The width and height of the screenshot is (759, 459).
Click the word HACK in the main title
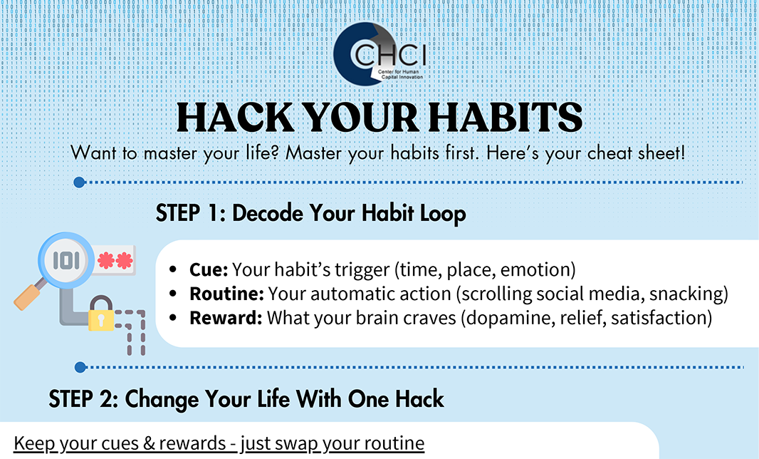tap(235, 118)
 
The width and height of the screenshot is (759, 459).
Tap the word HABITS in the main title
tap(506, 118)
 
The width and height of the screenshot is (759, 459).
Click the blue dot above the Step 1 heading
tap(79, 182)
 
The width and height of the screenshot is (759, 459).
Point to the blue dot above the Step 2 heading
tap(80, 367)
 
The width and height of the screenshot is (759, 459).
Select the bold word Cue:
tap(209, 269)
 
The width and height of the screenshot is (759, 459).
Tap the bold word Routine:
tap(226, 294)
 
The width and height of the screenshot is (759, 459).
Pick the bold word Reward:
tap(226, 318)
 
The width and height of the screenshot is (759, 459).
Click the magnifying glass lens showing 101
tap(66, 260)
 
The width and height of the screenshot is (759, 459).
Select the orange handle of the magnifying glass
tap(27, 297)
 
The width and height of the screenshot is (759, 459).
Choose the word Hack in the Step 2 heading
tap(419, 399)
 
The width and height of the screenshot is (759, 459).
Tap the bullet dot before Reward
tap(173, 318)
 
